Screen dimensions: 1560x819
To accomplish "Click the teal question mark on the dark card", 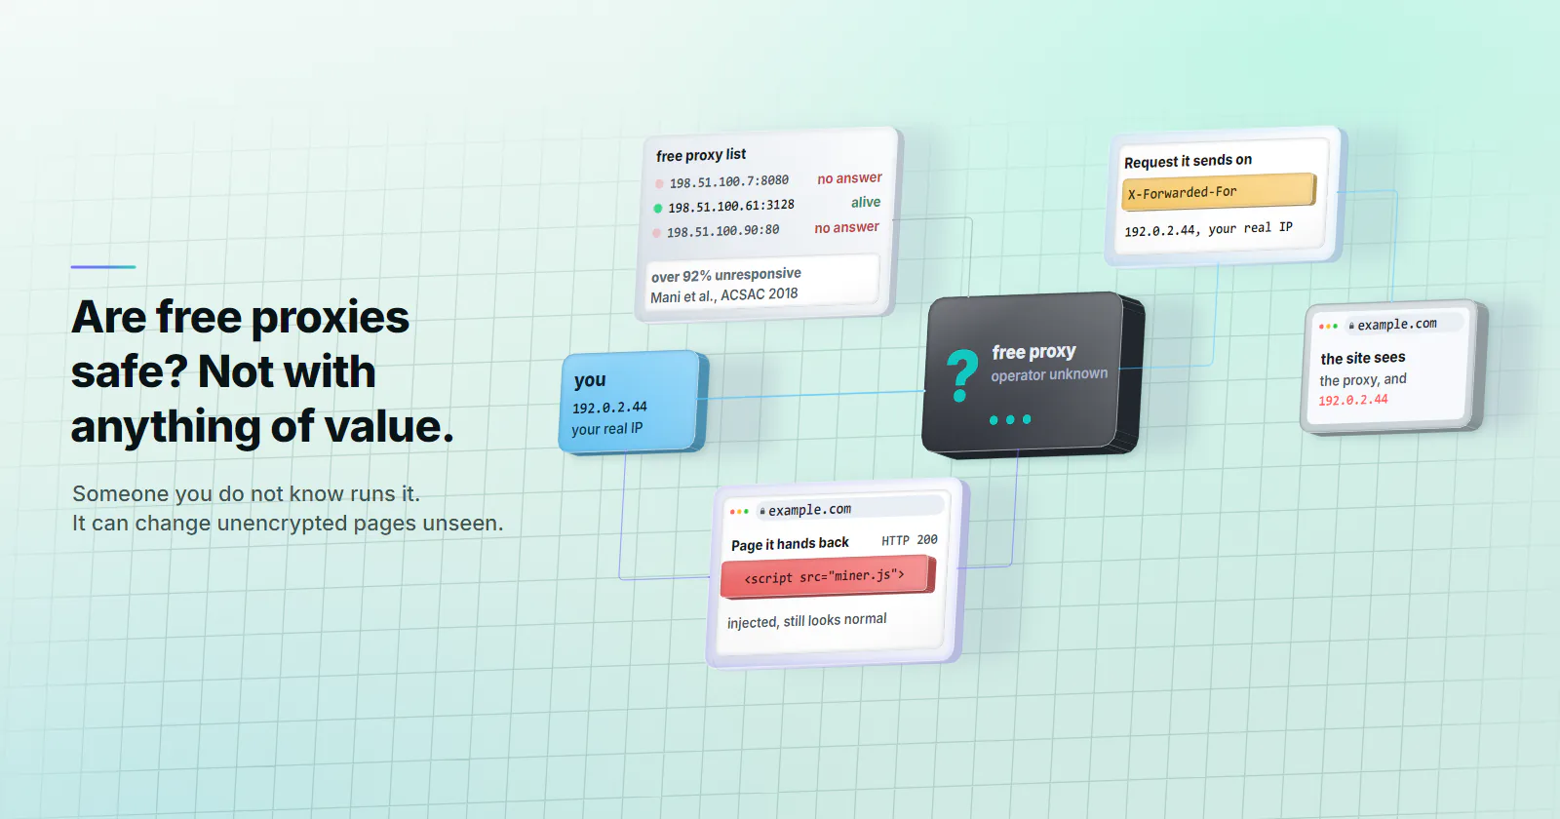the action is pos(961,375).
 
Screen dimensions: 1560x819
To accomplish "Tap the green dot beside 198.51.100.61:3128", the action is pos(657,209).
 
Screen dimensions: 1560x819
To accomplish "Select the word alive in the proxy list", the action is pos(866,202).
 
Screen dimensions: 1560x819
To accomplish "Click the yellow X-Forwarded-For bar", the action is pos(1219,191).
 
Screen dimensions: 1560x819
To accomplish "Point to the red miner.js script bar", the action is pos(828,576).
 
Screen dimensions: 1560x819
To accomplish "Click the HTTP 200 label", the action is pos(910,540).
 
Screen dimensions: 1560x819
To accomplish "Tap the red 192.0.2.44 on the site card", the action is pos(1352,400).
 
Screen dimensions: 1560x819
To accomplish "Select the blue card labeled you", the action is pos(633,403).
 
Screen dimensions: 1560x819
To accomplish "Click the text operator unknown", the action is pos(1049,374).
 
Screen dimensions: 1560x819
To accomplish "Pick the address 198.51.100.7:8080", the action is pos(728,181).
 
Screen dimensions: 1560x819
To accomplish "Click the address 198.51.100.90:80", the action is pos(722,230).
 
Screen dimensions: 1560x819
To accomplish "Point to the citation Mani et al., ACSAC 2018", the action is pos(724,295).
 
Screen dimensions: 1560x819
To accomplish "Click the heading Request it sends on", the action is pos(1189,161).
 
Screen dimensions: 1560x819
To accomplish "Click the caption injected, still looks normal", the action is pos(806,620).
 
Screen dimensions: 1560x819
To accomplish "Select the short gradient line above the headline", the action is pos(103,267).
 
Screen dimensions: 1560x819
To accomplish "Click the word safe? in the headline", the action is pos(129,371).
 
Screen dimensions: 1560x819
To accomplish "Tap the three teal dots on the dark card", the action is pos(1010,419).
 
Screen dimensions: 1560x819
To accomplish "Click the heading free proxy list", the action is pos(701,155).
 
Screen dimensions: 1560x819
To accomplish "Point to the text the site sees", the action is pos(1363,358).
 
